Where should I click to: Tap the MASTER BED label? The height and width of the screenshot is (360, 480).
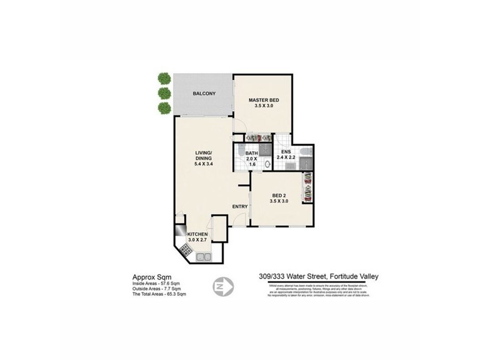click(x=264, y=100)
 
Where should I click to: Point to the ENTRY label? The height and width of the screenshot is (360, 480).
click(x=240, y=207)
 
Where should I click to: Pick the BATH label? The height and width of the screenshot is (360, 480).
click(x=251, y=154)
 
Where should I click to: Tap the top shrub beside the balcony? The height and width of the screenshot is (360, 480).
click(x=163, y=78)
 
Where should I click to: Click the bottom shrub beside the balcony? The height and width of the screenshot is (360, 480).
click(x=163, y=107)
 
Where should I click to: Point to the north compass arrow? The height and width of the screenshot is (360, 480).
click(x=223, y=287)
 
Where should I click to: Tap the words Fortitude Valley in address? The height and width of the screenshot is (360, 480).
click(x=355, y=277)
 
